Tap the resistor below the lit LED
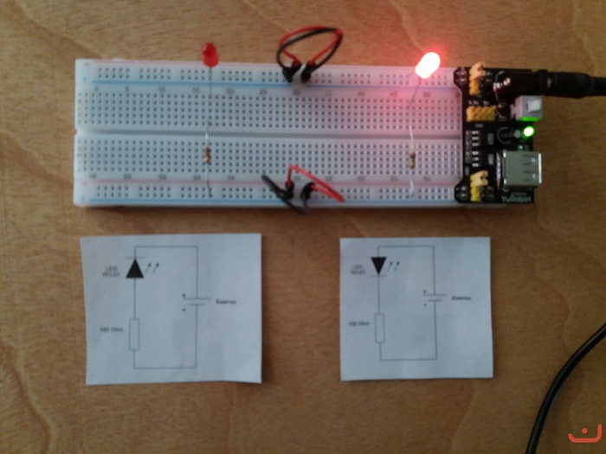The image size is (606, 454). click(x=411, y=159)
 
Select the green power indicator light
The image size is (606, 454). click(x=526, y=132)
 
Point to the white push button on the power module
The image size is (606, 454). click(x=524, y=106)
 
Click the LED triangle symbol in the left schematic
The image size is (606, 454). click(x=133, y=268)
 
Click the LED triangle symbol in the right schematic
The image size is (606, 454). click(x=379, y=265)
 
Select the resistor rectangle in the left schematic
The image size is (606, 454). click(x=133, y=333)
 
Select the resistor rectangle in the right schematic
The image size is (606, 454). click(x=379, y=328)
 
